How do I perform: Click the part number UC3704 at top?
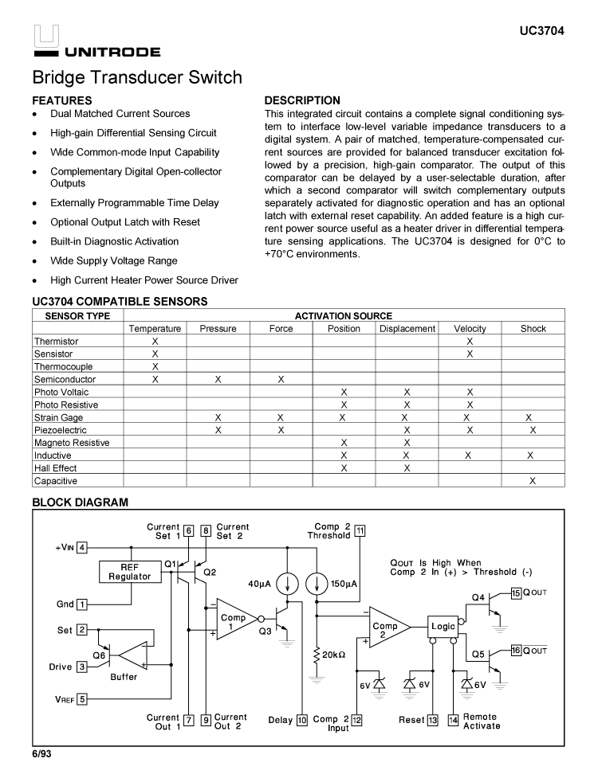point(541,32)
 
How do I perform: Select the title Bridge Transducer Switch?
point(137,78)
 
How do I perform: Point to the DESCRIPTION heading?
point(302,100)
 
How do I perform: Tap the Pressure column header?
point(218,328)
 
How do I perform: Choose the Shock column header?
point(533,328)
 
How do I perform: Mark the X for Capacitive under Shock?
point(533,481)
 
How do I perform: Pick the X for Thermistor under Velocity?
point(470,341)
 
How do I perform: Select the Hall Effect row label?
point(56,468)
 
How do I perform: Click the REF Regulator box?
point(130,572)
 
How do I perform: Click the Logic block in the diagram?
point(443,626)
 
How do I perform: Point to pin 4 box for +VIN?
point(82,547)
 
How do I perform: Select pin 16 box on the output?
point(516,651)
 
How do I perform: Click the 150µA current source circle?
point(317,584)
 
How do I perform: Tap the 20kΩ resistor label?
point(333,655)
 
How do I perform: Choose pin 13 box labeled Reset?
point(433,720)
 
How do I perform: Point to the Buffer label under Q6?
point(124,677)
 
